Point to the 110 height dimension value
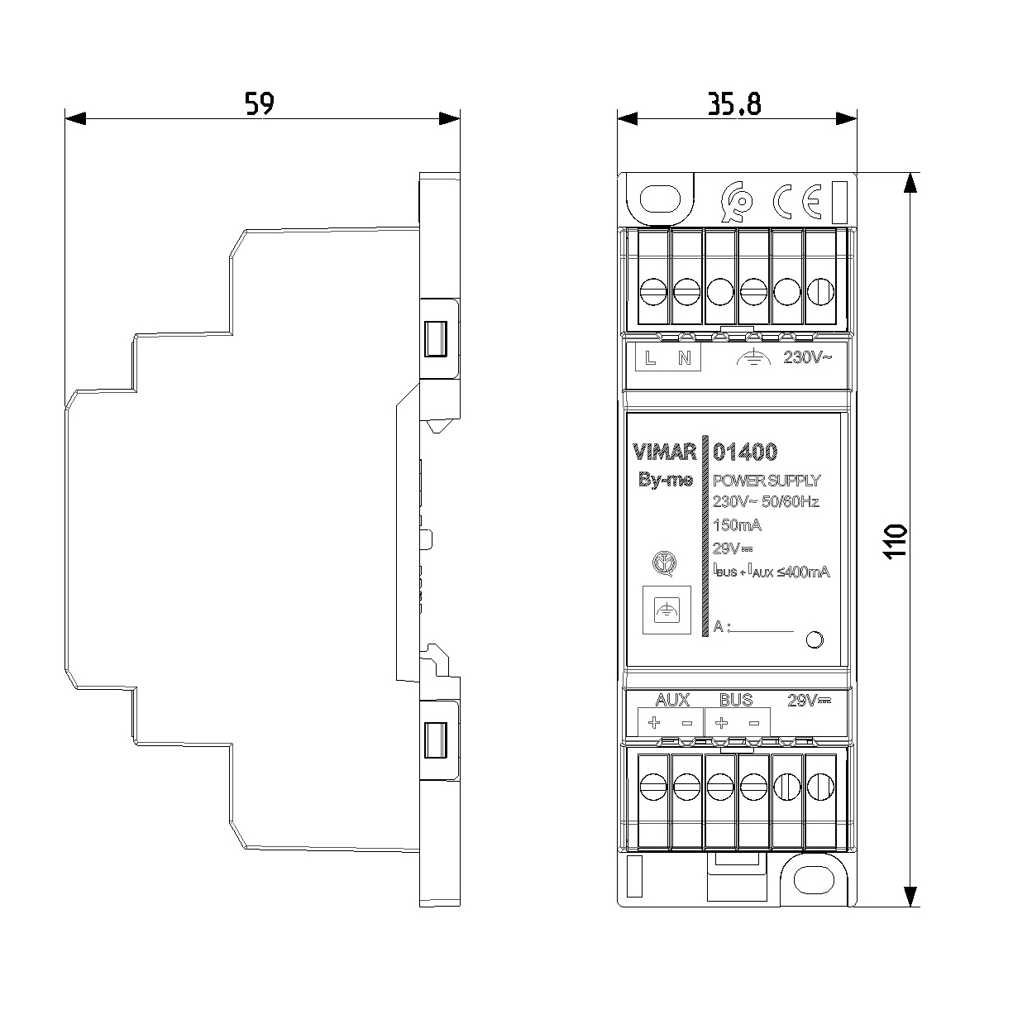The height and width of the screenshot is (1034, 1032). point(896,541)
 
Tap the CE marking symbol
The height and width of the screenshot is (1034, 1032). point(796,201)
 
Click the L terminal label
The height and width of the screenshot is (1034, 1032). point(651,358)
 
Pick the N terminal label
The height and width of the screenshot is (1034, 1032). point(684,358)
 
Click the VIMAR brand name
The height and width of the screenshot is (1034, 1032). point(664,452)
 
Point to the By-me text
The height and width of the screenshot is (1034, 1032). point(665,481)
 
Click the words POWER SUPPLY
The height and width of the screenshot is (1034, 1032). point(767,481)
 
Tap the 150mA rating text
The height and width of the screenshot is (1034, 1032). point(737,525)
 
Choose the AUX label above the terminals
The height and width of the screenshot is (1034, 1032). point(671,700)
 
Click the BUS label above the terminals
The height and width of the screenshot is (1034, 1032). point(736,700)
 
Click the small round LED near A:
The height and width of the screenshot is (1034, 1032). point(814,639)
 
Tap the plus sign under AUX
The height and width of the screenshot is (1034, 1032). point(654,723)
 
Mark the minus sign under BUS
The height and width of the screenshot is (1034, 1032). point(753,723)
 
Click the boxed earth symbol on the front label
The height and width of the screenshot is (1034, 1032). point(666,610)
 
